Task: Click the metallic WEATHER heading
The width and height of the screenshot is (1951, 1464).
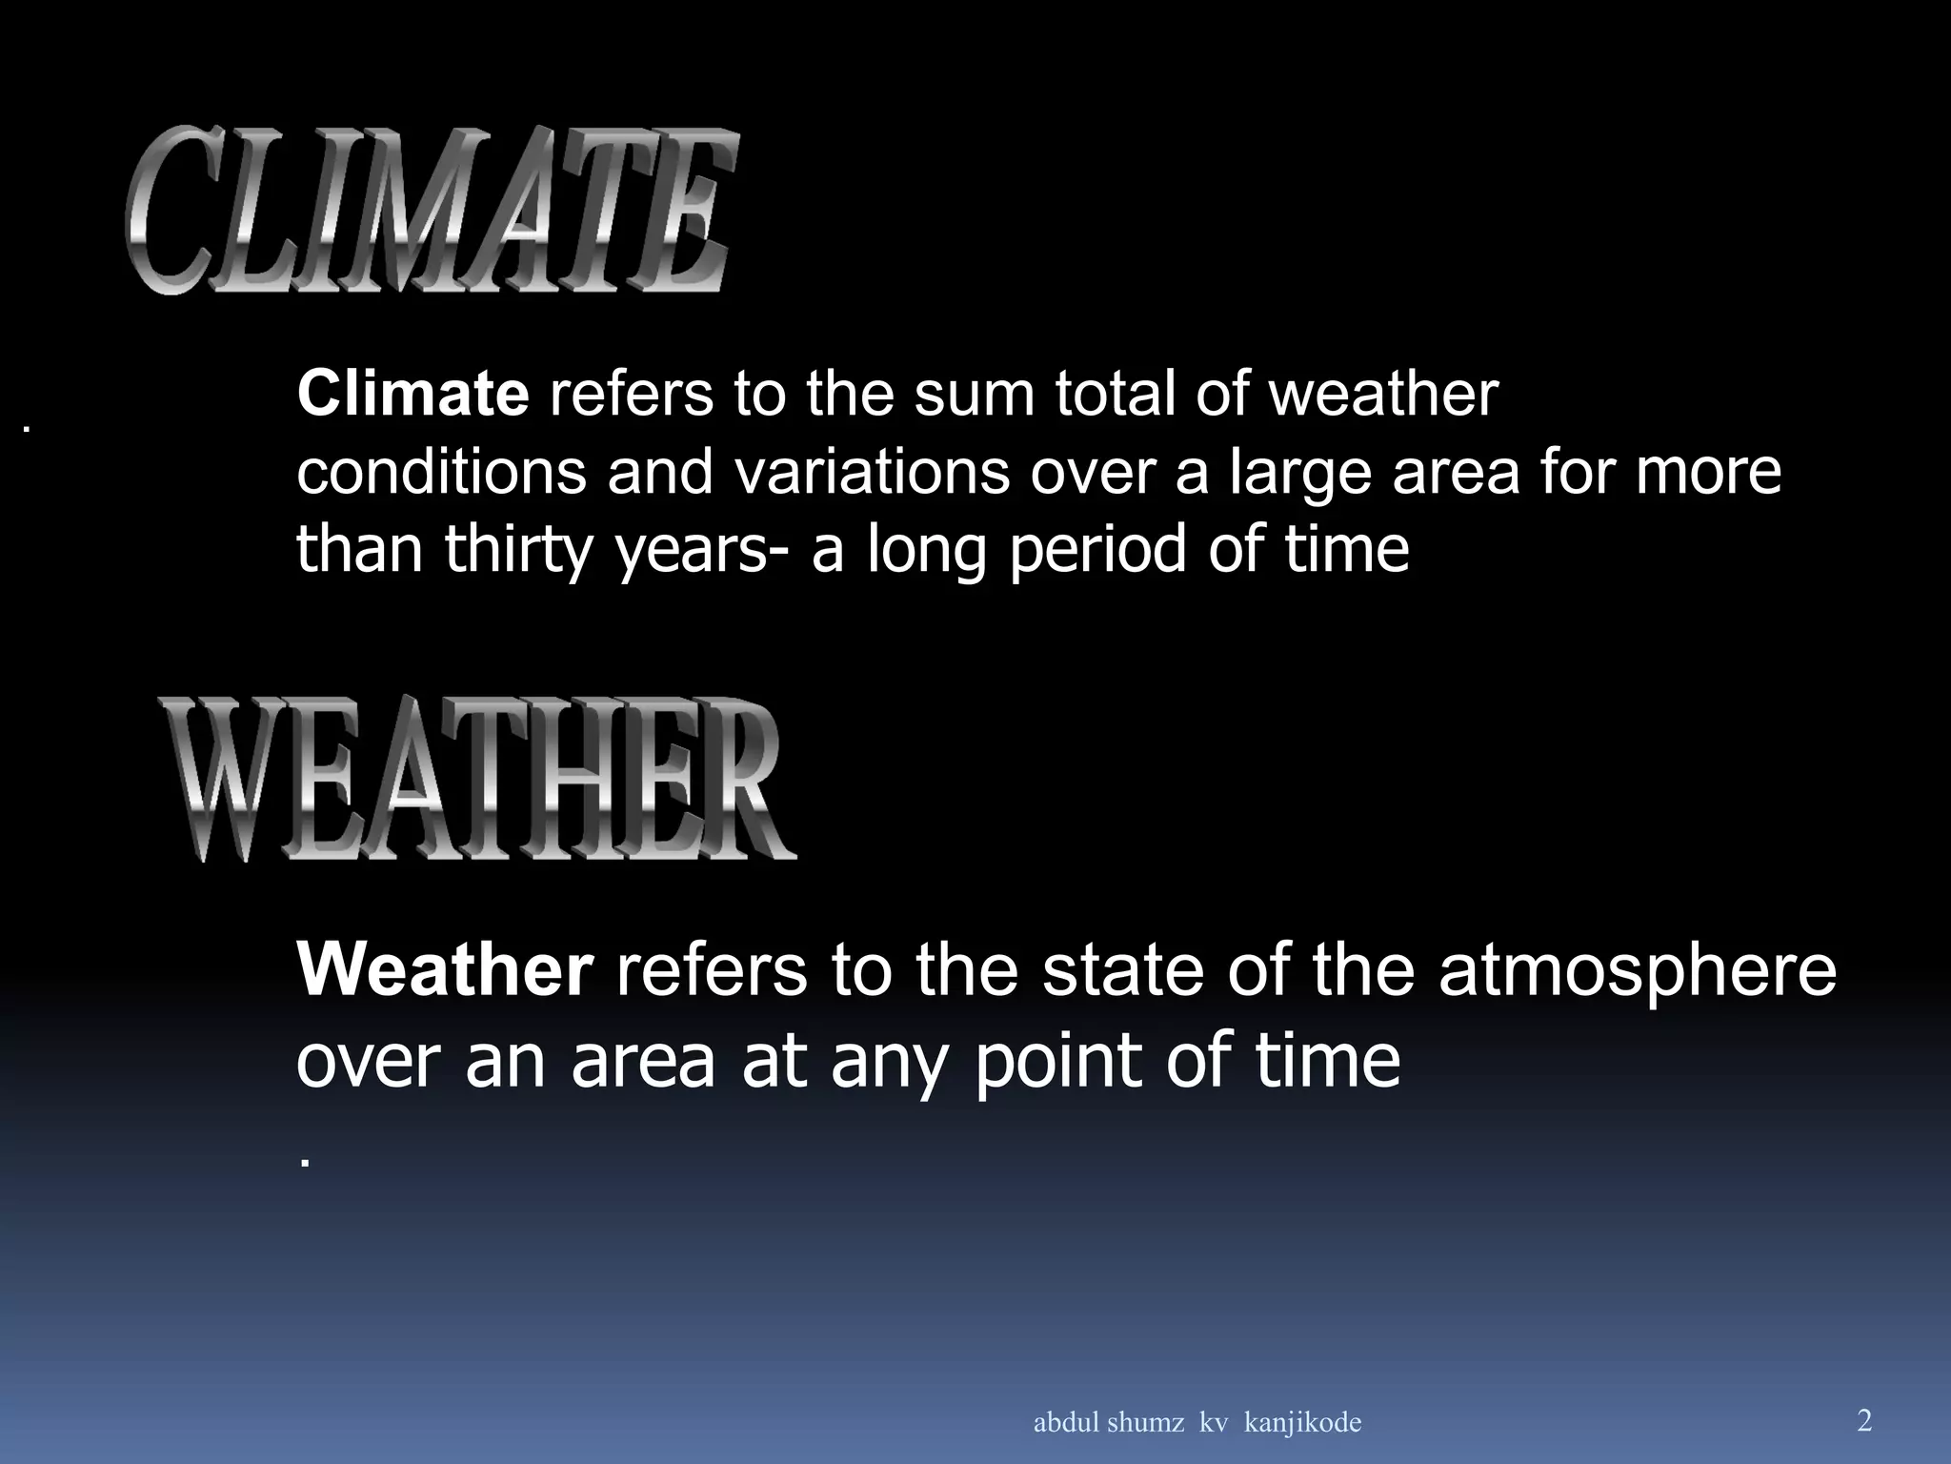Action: (476, 779)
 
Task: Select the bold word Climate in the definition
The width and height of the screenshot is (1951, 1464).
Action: (412, 394)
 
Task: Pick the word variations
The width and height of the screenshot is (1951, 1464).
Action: (868, 472)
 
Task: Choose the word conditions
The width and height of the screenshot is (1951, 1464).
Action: (441, 472)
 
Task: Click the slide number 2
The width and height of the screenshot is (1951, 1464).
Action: (1864, 1421)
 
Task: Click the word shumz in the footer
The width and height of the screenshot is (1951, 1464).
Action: (1143, 1423)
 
